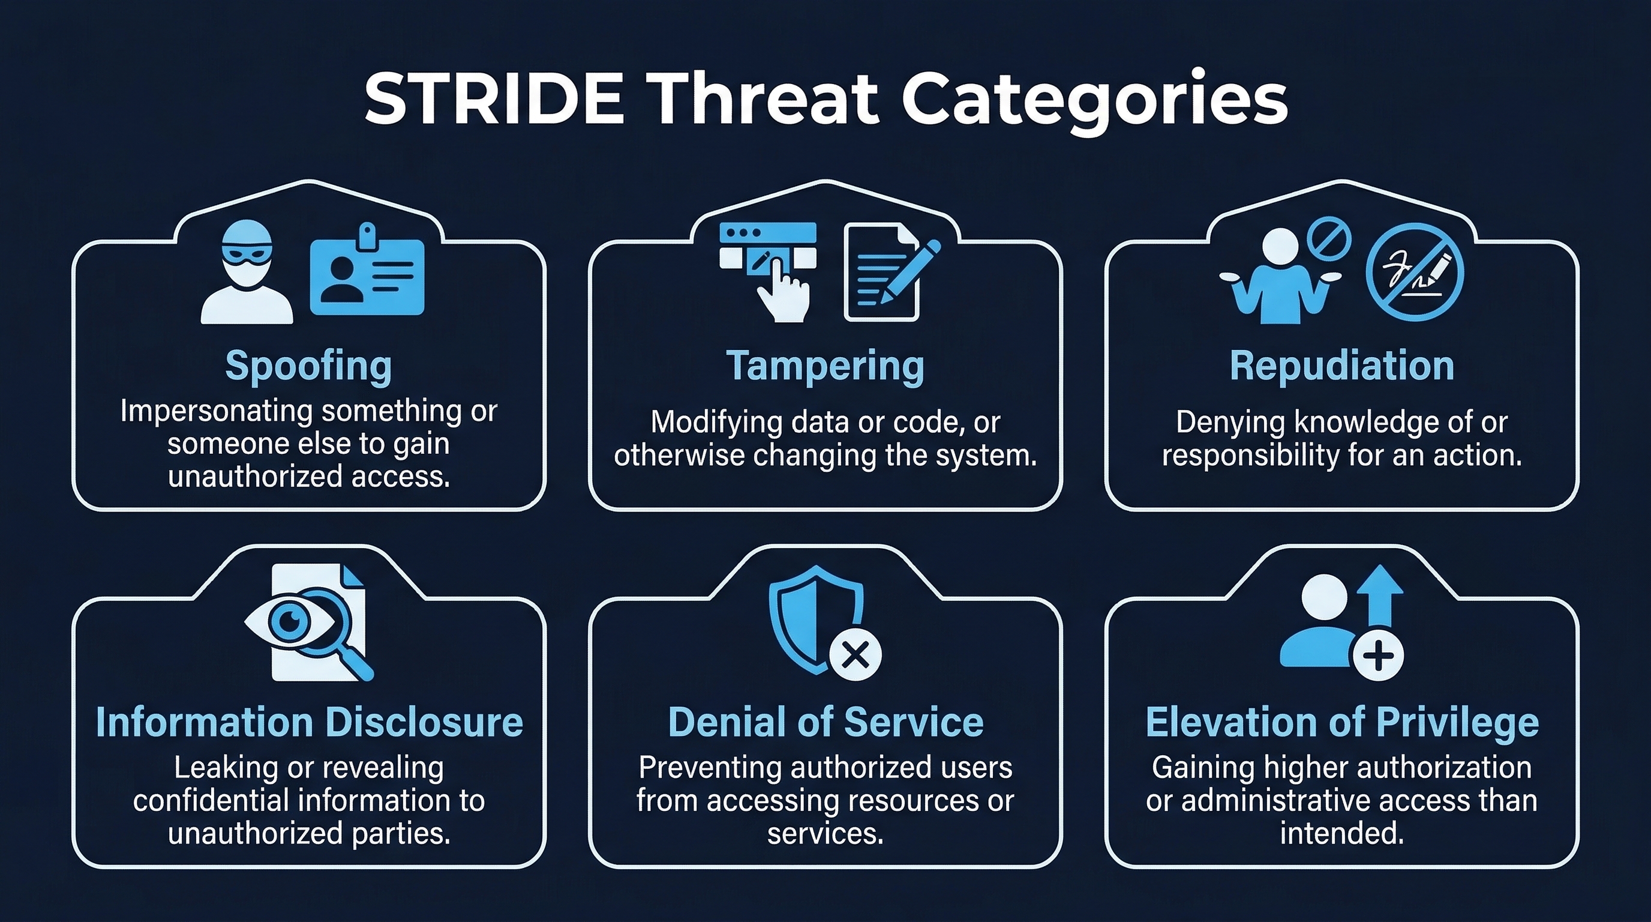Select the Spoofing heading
pos(308,366)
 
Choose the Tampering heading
pos(825,366)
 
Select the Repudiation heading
pos(1341,366)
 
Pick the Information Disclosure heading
pos(309,723)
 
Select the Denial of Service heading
pos(825,723)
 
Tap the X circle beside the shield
pos(855,655)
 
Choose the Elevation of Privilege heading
pos(1342,723)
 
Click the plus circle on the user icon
pos(1379,655)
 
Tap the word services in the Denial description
pos(825,834)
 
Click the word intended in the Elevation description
pos(1341,834)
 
